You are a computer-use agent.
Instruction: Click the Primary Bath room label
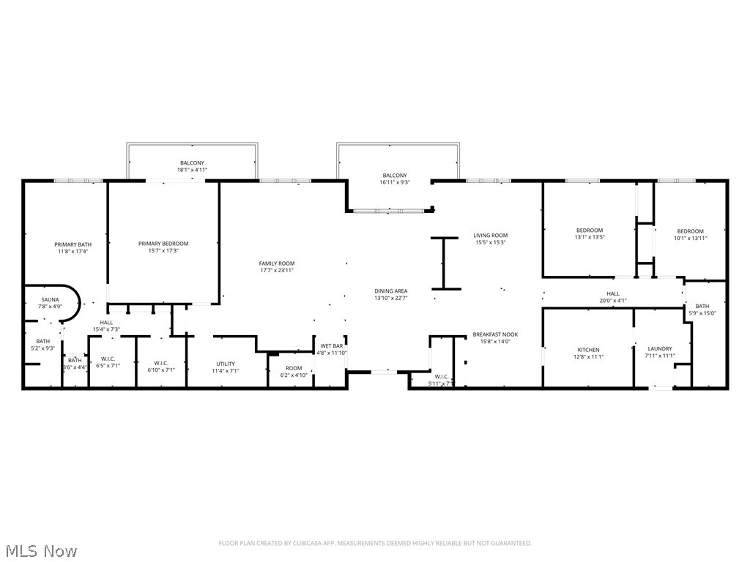73,244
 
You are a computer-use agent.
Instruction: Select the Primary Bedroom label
163,244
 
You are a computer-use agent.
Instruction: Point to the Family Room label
276,263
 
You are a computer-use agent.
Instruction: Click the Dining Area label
390,291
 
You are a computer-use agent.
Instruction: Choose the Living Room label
490,236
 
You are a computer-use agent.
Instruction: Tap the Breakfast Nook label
495,334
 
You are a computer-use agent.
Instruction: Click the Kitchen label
588,350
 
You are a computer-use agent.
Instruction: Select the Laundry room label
659,349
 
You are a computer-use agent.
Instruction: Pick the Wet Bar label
332,345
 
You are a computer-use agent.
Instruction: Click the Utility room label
225,364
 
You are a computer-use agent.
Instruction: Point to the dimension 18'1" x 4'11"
192,170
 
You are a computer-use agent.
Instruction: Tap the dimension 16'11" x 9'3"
394,182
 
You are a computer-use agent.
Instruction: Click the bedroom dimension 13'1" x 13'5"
589,237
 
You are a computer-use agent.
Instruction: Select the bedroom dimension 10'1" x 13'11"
690,238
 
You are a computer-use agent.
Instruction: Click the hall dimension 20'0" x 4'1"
612,300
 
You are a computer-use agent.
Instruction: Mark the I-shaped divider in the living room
443,263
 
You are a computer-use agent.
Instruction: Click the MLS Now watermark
40,550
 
